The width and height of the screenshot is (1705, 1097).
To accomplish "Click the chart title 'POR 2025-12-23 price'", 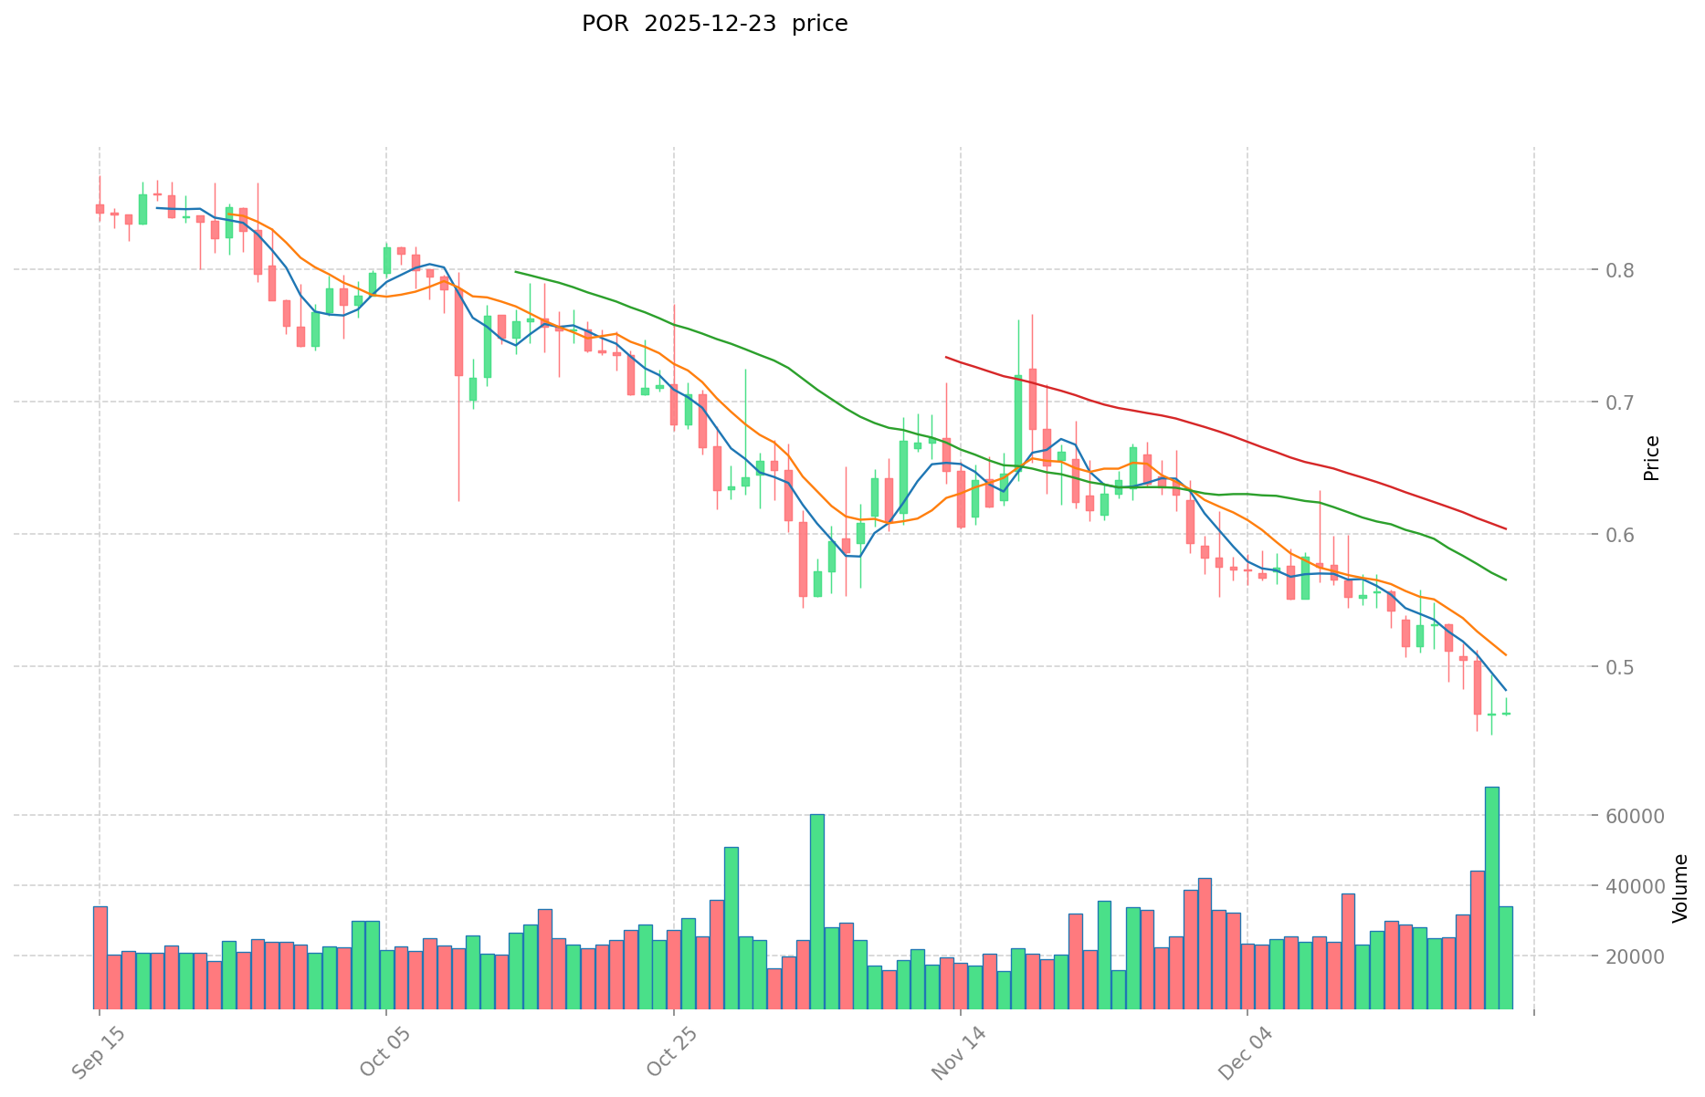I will pyautogui.click(x=714, y=24).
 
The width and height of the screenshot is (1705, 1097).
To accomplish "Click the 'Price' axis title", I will pyautogui.click(x=1651, y=458).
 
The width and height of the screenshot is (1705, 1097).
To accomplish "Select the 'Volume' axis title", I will pyautogui.click(x=1680, y=888).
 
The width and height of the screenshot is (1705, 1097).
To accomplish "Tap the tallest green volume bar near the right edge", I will pyautogui.click(x=1491, y=897).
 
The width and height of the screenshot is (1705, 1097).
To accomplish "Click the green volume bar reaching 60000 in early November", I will pyautogui.click(x=817, y=911).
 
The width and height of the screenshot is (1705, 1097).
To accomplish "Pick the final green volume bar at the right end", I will pyautogui.click(x=1506, y=957).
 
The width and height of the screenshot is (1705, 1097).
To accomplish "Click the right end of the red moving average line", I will pyautogui.click(x=1506, y=528).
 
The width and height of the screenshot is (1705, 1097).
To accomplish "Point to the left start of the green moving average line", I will pyautogui.click(x=516, y=271).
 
